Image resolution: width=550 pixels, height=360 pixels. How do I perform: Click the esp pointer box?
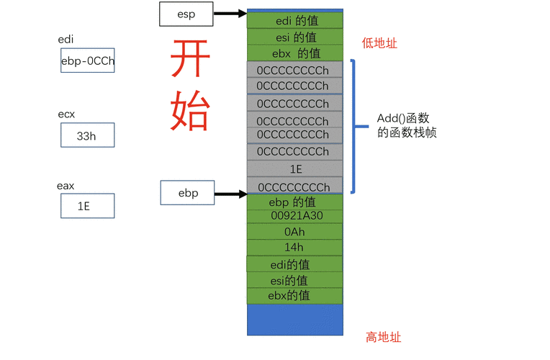(186, 13)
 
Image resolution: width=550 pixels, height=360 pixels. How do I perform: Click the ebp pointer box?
(187, 193)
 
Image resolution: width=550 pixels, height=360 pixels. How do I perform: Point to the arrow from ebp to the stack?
(230, 193)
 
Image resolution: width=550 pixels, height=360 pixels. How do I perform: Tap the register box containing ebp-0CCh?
(87, 61)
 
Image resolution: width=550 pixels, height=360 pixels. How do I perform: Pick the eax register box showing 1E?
(87, 206)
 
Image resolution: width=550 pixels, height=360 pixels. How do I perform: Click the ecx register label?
(66, 114)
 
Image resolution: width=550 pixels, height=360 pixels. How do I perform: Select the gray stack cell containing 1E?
(295, 169)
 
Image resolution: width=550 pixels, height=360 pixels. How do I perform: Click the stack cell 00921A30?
(295, 216)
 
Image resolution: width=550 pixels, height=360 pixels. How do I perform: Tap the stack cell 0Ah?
(295, 232)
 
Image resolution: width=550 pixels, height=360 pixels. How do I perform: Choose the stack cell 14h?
(295, 248)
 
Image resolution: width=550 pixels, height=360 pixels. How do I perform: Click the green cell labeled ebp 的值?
(295, 202)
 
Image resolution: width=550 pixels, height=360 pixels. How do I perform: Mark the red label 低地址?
(379, 44)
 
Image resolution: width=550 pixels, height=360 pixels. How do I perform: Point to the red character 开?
(190, 60)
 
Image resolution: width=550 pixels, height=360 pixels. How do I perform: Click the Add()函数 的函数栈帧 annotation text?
(407, 126)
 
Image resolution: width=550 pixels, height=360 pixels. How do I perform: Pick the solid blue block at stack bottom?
(295, 320)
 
